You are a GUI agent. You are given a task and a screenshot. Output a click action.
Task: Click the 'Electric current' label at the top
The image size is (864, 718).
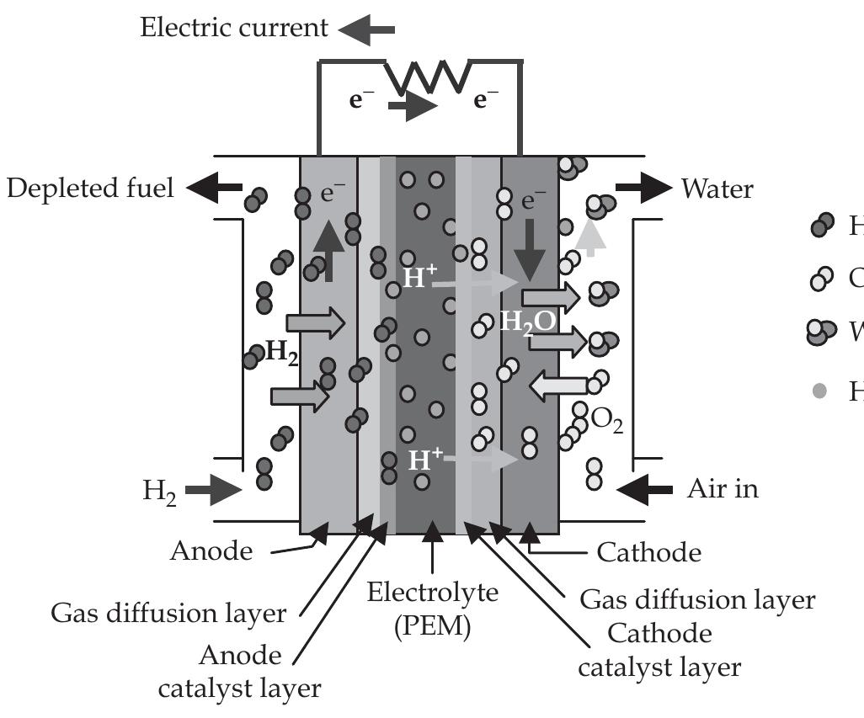click(x=234, y=28)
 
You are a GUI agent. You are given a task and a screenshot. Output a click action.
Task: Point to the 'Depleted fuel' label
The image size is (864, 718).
click(x=91, y=188)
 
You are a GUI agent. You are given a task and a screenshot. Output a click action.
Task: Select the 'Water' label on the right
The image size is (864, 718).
click(x=717, y=189)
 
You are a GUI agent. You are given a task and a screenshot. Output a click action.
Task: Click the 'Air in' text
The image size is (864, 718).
click(x=723, y=488)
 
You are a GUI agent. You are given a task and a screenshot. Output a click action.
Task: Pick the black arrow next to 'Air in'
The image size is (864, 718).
click(x=645, y=488)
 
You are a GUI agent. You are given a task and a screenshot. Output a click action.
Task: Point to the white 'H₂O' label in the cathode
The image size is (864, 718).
click(x=527, y=321)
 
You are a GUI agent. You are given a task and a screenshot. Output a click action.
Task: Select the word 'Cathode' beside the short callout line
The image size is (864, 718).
click(x=648, y=552)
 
